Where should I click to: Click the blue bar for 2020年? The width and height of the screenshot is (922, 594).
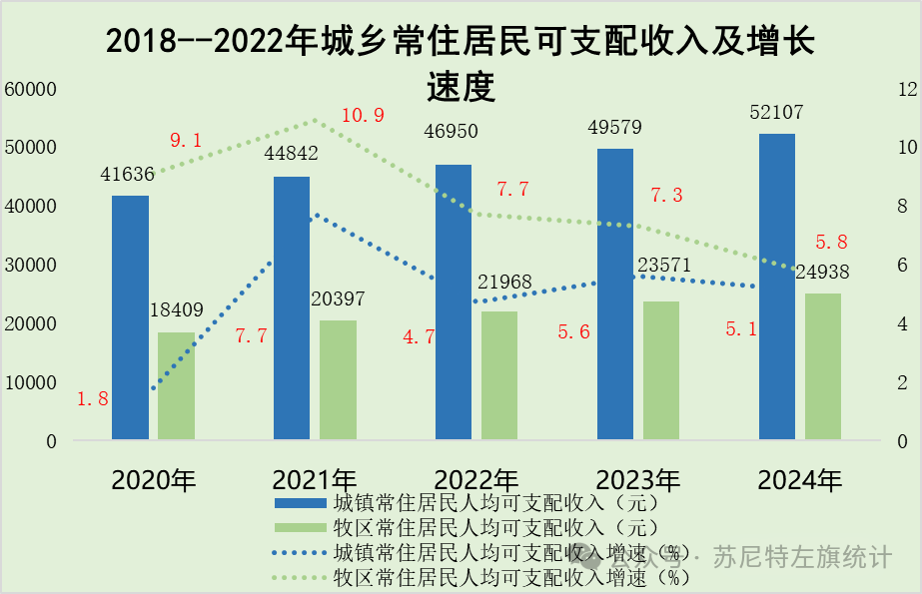pos(130,317)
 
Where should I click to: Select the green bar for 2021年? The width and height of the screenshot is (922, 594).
pos(338,379)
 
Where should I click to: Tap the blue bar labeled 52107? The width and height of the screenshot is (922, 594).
pos(777,287)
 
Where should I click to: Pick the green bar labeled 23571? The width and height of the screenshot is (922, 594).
pos(661,370)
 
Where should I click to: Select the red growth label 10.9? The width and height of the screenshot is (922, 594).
pos(363,116)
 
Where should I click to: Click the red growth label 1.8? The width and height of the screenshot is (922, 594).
pos(93,399)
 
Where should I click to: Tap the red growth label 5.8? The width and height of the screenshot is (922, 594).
pos(831,242)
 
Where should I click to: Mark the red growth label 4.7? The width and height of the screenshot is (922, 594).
pos(419,337)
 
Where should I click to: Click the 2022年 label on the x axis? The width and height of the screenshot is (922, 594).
pos(476,480)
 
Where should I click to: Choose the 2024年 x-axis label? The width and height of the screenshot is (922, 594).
pos(800,480)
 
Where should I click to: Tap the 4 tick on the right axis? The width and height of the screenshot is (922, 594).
pos(903,323)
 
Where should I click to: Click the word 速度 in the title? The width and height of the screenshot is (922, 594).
pos(461,88)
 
